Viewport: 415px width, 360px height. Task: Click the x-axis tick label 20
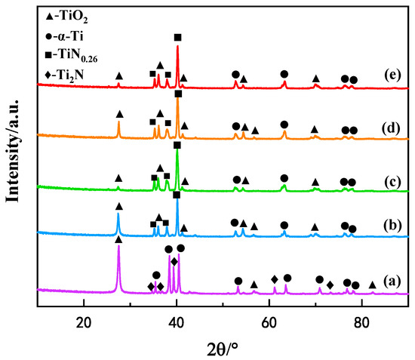[x=84, y=319]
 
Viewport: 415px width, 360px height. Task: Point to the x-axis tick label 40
[x=177, y=319]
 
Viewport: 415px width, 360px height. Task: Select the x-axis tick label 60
[x=269, y=319]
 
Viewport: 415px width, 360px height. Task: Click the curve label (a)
[x=392, y=279]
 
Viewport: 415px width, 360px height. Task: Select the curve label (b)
[x=391, y=224]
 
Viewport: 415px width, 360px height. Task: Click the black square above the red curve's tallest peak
[x=178, y=37]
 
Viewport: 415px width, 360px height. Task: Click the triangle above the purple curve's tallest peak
[x=118, y=239]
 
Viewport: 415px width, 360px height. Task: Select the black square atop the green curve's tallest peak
[x=177, y=145]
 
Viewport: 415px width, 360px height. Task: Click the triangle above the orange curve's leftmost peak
[x=119, y=114]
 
